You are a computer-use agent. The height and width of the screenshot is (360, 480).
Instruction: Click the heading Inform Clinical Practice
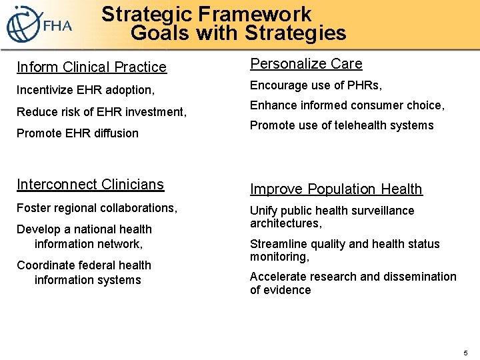click(91, 67)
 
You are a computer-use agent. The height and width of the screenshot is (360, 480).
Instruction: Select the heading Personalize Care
click(306, 64)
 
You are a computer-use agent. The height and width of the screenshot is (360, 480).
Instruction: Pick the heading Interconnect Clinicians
click(90, 184)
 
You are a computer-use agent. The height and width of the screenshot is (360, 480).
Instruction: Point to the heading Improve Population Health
click(336, 189)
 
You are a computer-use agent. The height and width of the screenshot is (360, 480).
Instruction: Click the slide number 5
click(465, 352)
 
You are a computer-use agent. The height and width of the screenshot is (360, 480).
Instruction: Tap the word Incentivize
click(45, 89)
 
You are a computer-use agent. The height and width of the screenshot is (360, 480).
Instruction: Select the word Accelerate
click(279, 276)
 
